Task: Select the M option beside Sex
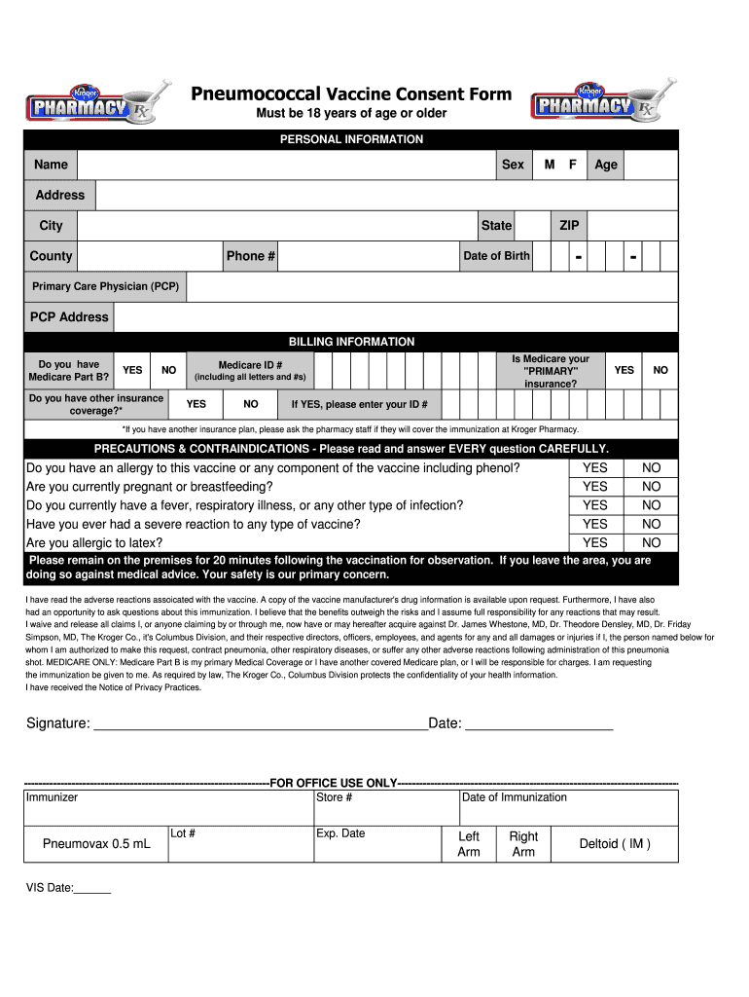(x=550, y=165)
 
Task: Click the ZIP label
(x=569, y=226)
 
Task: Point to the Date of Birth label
(x=496, y=256)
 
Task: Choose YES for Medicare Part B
(x=132, y=370)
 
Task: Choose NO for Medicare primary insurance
(x=660, y=370)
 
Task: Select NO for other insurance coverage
(x=251, y=403)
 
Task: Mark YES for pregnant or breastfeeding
(x=594, y=487)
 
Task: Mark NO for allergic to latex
(x=651, y=543)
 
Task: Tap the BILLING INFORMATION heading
(x=351, y=342)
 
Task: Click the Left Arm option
(x=469, y=844)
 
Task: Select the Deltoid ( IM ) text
(x=615, y=844)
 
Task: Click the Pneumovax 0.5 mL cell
(x=96, y=844)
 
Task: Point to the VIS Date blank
(x=92, y=890)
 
